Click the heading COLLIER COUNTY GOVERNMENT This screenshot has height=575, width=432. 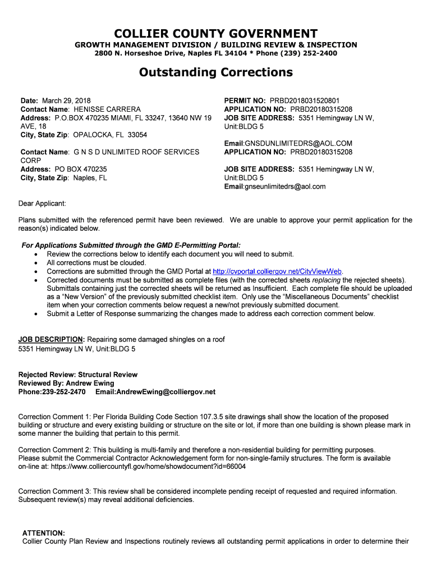(x=215, y=34)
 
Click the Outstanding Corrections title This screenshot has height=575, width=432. (x=215, y=72)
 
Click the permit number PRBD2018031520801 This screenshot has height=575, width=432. (x=312, y=101)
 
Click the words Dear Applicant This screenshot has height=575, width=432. (x=42, y=203)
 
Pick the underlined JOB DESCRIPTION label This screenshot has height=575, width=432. (x=51, y=340)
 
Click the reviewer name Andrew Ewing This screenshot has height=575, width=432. (x=84, y=383)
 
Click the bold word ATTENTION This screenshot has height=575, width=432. (x=43, y=533)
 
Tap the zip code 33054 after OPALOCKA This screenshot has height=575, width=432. (x=137, y=135)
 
